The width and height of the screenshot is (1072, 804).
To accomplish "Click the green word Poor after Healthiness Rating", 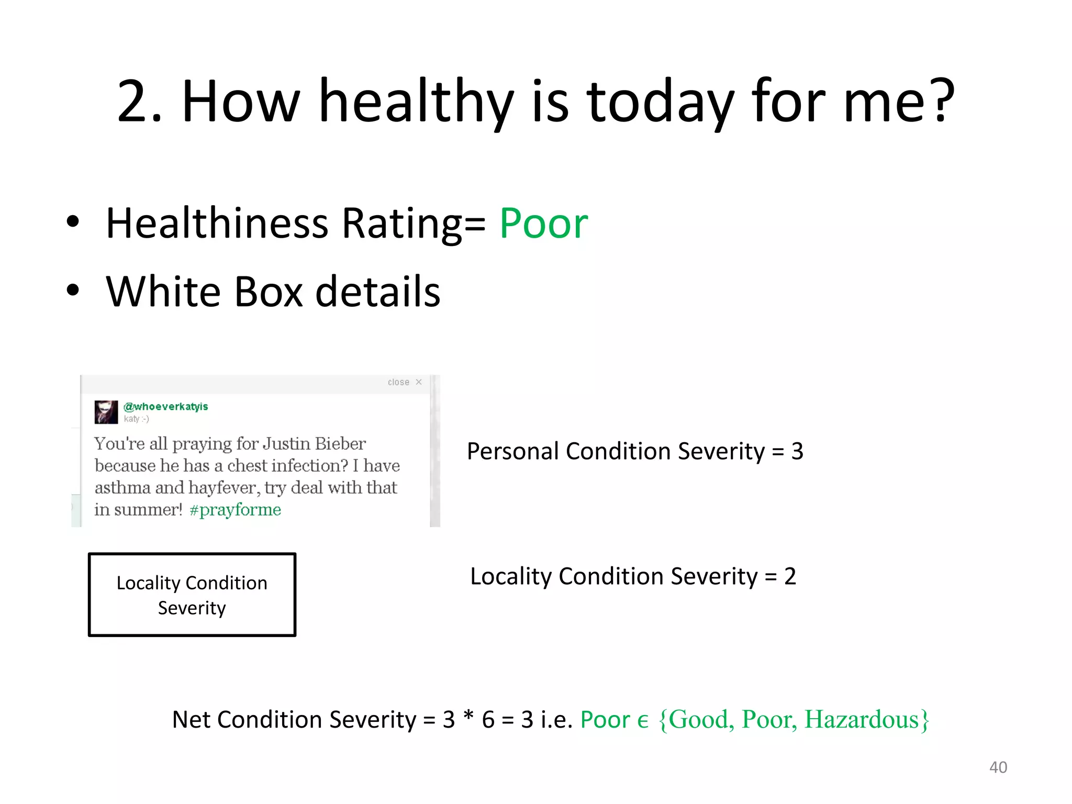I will coord(543,224).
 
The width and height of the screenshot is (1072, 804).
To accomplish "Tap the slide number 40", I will coord(998,767).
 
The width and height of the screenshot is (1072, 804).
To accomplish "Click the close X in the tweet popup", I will coord(419,382).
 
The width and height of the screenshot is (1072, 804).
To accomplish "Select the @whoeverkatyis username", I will coord(165,407).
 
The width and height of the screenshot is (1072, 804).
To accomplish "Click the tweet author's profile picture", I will coord(106,412).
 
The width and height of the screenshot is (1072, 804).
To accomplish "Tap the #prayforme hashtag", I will coord(235,509).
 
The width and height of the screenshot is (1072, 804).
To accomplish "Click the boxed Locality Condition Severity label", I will coord(192,595).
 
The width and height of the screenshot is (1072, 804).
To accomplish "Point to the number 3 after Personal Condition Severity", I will coord(797,451).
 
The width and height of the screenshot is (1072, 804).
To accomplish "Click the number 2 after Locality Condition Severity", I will coord(790,576).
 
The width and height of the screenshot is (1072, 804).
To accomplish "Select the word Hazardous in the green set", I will coord(862,719).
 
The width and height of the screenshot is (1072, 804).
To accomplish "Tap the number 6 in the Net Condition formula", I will coord(488,720).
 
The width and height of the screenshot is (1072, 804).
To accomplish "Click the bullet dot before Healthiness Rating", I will coord(73,222).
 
